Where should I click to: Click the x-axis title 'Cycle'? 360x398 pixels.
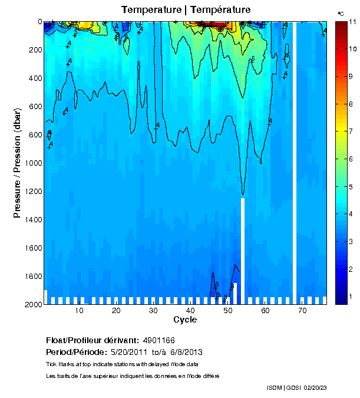[x=181, y=320]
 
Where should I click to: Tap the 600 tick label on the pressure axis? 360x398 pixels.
[x=33, y=106]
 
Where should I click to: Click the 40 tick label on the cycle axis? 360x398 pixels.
[x=190, y=311]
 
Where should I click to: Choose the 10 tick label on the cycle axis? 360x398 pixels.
[x=79, y=311]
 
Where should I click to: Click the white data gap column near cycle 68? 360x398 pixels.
[x=295, y=159]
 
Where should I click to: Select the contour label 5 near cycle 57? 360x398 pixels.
[x=253, y=59]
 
